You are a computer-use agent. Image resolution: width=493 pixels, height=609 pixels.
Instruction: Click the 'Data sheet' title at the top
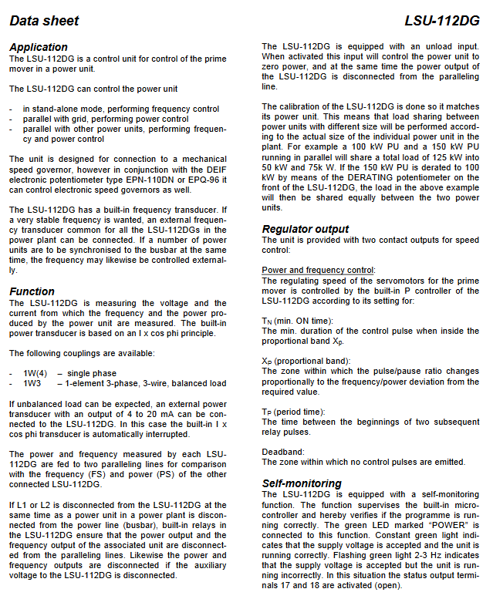click(x=44, y=21)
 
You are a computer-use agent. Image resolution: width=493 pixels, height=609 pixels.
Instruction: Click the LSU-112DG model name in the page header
click(x=441, y=21)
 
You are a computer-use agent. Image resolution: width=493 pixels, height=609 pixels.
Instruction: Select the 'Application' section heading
click(x=39, y=47)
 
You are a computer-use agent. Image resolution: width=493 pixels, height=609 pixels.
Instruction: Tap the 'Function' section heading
click(x=32, y=291)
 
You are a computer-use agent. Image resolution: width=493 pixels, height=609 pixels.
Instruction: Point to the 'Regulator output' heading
click(x=306, y=229)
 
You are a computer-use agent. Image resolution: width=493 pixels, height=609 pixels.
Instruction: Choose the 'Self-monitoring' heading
click(x=302, y=483)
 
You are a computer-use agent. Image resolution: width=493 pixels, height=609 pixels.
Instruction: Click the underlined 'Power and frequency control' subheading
click(x=318, y=270)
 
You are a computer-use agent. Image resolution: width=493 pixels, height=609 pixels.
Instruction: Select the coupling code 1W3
click(x=32, y=383)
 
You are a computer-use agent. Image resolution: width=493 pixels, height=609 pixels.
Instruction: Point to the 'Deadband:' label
click(x=283, y=452)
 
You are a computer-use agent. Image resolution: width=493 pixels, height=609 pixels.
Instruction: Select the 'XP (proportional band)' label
click(x=306, y=361)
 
